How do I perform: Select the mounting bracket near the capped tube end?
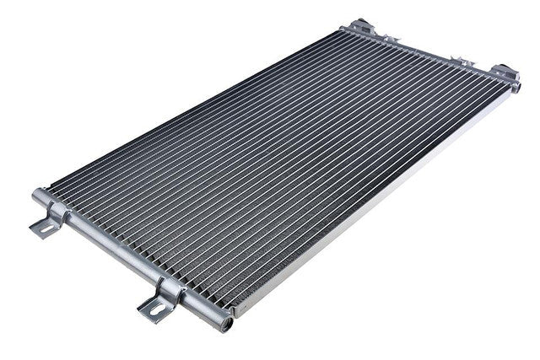point(49,221)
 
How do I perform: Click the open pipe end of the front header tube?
point(224,320)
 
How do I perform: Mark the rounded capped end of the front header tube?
point(37,196)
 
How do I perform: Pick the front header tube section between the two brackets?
point(110,249)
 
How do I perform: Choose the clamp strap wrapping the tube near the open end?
point(171,291)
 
